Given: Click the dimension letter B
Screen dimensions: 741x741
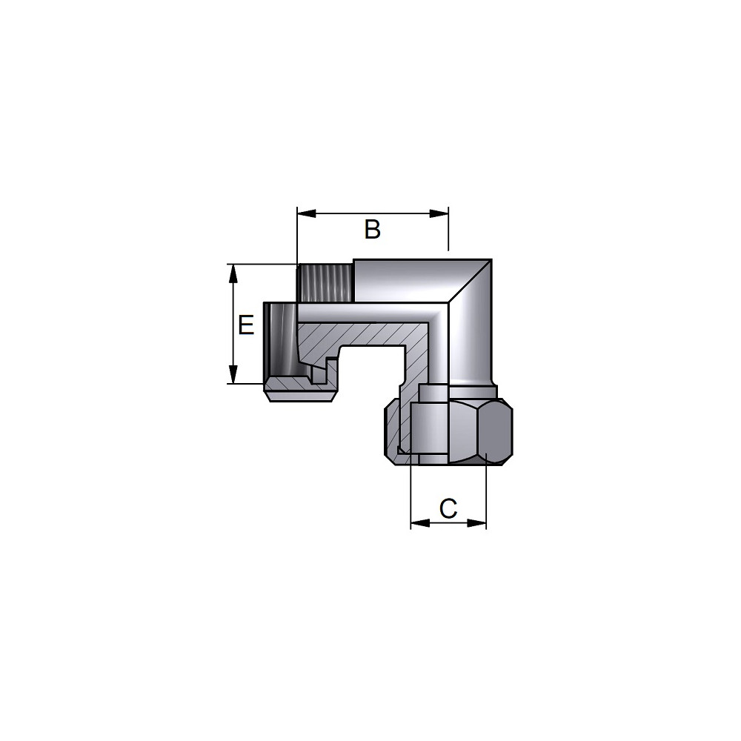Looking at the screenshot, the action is tap(373, 229).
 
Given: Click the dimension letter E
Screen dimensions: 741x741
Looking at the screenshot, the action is tap(246, 325).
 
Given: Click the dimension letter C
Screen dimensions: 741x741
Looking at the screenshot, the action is tap(448, 508).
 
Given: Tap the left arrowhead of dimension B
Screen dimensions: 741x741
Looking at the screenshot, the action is tap(306, 213).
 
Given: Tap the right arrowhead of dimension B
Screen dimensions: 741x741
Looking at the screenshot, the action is tap(439, 213).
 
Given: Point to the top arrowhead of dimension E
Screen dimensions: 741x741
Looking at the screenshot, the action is tap(232, 273).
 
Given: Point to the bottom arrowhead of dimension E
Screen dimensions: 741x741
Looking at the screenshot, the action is tap(232, 374).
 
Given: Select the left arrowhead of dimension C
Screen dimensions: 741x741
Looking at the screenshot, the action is tap(420, 522).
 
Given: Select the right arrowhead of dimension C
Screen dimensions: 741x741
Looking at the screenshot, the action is tap(476, 522).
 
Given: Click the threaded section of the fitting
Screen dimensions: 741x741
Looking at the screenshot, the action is tap(325, 283).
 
